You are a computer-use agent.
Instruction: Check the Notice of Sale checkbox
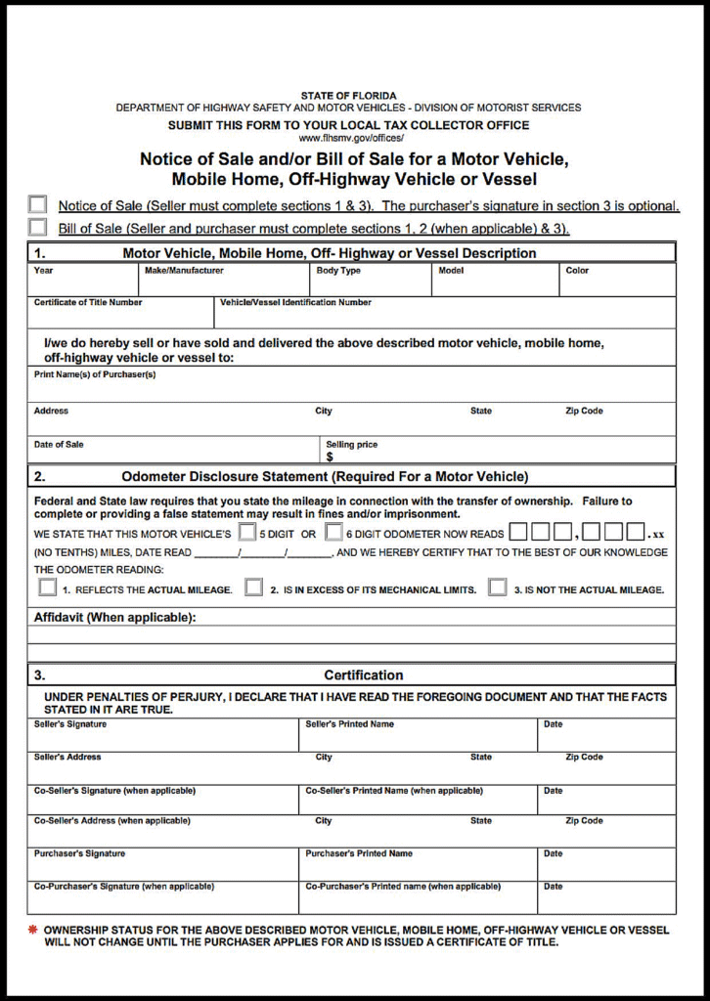[37, 204]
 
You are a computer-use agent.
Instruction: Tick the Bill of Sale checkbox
[37, 228]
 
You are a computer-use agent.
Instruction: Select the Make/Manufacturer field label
[184, 271]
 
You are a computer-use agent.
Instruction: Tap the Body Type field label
[337, 271]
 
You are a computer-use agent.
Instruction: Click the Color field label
[577, 271]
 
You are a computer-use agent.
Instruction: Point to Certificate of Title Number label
[88, 303]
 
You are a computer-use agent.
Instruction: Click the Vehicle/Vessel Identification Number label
[295, 303]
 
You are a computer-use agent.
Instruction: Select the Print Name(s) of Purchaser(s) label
[95, 375]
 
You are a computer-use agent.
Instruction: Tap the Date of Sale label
[59, 445]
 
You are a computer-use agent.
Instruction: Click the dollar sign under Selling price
[330, 457]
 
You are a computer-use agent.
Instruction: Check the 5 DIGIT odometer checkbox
[248, 533]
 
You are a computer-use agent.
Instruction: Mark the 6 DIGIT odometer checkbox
[333, 533]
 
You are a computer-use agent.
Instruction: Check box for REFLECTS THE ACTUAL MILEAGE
[47, 588]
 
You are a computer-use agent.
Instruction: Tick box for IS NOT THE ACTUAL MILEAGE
[497, 588]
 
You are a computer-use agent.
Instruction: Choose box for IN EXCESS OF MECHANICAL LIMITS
[253, 588]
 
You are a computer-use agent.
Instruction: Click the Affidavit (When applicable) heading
[115, 617]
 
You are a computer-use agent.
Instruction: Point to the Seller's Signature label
[70, 724]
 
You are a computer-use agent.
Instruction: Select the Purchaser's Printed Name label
[359, 853]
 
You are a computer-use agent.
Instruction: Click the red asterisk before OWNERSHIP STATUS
[33, 930]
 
